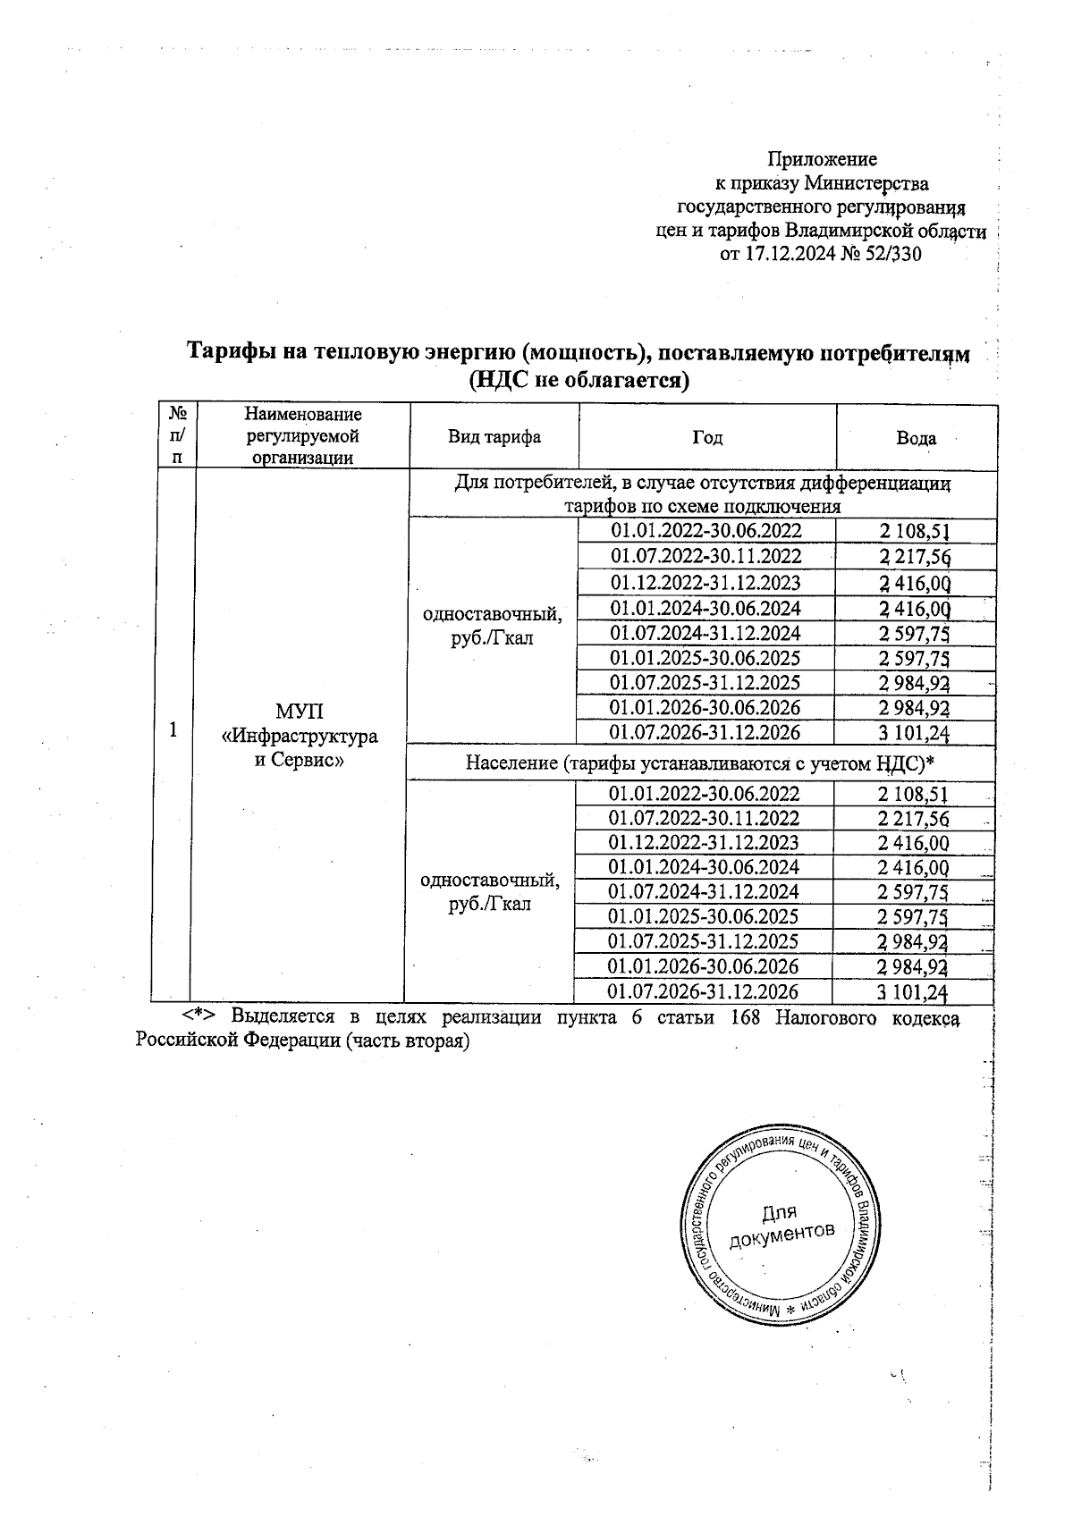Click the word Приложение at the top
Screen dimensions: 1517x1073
[x=823, y=159]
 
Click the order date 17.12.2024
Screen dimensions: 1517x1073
[x=790, y=254]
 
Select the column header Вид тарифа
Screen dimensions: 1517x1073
[x=494, y=437]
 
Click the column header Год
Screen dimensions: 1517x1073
[x=707, y=437]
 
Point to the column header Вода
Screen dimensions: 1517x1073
[x=916, y=438]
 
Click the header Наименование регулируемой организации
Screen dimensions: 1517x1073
[x=303, y=436]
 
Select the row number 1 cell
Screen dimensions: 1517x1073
[x=173, y=729]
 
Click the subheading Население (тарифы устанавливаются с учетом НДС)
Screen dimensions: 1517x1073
[x=700, y=763]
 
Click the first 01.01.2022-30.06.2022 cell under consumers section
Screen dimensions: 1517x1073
[x=706, y=530]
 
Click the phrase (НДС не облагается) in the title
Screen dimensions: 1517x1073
[x=579, y=380]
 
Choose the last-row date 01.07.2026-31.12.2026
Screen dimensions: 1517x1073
[x=703, y=991]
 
